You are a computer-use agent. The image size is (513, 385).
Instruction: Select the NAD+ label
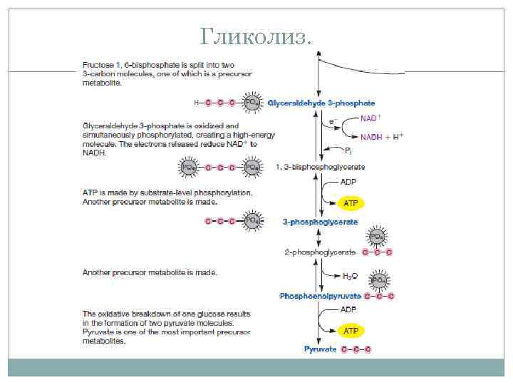370,118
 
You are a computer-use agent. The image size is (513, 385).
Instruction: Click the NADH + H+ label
382,136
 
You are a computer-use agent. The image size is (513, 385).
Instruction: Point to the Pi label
348,151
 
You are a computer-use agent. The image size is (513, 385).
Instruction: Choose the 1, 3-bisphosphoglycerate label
320,167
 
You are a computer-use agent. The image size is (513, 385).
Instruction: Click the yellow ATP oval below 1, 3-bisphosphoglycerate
351,203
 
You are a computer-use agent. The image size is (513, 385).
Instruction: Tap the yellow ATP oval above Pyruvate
351,331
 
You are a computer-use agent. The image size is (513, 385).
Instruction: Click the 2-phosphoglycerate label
319,252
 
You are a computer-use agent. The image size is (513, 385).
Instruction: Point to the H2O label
350,274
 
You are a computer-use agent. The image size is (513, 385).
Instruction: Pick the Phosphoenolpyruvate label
320,296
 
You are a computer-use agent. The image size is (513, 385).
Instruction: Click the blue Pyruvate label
320,349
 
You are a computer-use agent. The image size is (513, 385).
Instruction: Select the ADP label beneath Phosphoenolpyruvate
348,309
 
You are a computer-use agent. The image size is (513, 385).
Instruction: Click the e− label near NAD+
331,123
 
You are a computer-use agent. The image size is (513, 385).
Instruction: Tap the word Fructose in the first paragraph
99,66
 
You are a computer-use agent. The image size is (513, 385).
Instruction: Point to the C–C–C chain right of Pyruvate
356,349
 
